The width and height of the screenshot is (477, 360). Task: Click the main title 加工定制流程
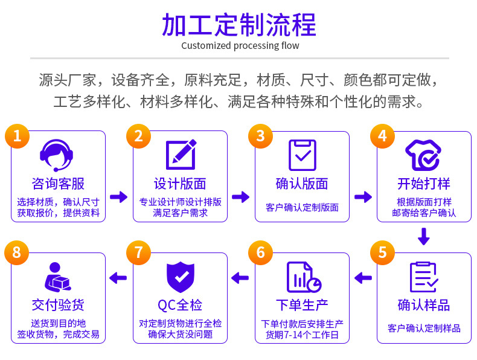239,25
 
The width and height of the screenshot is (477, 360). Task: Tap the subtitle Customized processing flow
240,46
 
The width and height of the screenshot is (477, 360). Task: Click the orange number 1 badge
18,136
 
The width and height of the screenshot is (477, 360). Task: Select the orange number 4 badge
382,136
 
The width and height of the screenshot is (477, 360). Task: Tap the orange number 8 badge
17,252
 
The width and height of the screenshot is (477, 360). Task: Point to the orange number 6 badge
260,252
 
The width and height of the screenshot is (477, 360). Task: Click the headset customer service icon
57,155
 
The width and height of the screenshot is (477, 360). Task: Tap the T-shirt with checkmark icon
423,155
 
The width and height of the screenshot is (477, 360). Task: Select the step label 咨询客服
58,184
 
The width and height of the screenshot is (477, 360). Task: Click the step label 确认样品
424,304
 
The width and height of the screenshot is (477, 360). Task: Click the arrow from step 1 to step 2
119,197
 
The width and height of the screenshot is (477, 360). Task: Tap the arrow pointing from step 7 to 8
118,278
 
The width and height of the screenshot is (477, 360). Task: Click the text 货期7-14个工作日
302,335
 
